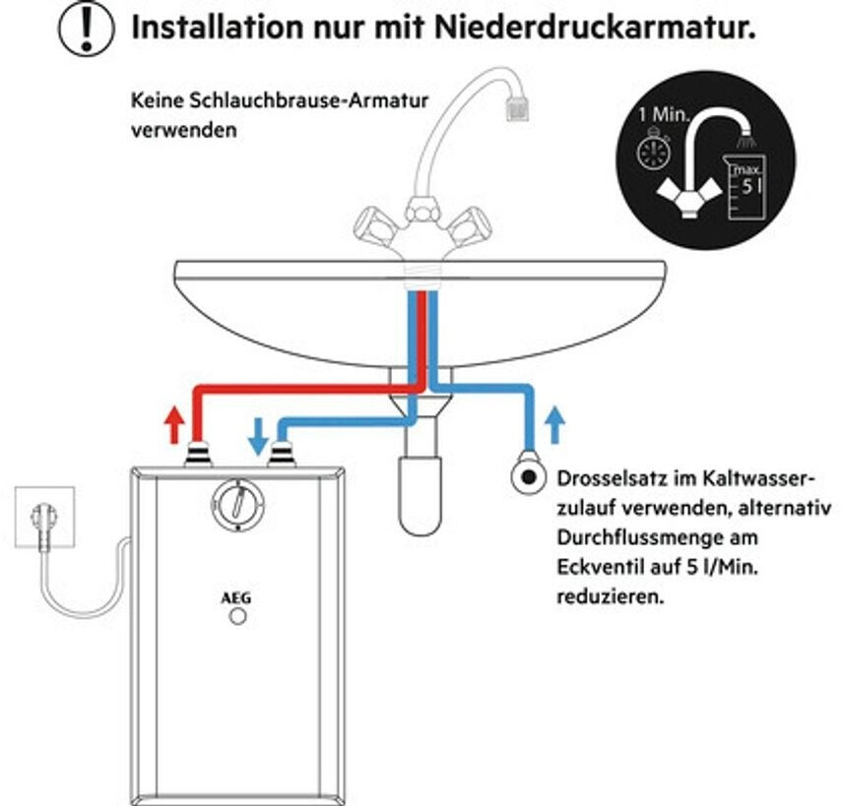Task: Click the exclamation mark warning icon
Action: coord(86,28)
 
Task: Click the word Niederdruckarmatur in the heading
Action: coord(595,27)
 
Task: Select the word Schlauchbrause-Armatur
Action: coord(308,100)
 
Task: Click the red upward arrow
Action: coord(173,424)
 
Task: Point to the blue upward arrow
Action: coord(554,425)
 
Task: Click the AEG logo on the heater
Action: coord(236,598)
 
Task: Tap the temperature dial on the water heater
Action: coord(237,504)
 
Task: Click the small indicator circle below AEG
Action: coord(237,616)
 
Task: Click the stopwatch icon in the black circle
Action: coord(654,150)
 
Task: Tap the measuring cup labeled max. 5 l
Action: coord(746,186)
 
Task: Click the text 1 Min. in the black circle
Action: coord(664,114)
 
